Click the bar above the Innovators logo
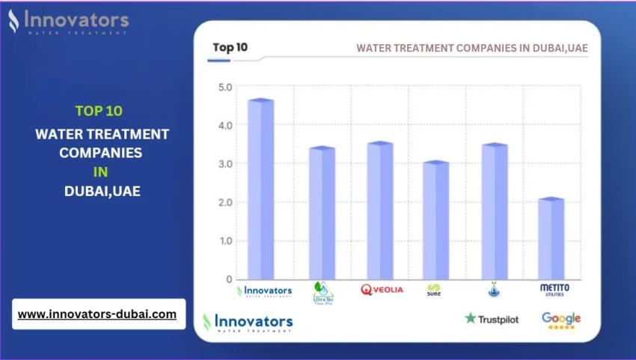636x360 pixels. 260,190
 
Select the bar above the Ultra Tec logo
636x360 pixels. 322,214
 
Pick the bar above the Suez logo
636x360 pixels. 435,221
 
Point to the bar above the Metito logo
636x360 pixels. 551,240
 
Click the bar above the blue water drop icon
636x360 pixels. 494,212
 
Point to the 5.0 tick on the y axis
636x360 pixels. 225,87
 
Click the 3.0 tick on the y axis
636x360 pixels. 225,164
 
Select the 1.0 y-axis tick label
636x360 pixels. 225,241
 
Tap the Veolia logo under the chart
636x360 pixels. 382,290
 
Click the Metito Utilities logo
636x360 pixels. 554,290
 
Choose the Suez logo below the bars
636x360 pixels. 434,290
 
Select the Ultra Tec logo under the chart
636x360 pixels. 322,292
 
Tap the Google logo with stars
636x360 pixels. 561,320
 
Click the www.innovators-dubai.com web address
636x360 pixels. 97,314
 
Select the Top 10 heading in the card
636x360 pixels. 230,47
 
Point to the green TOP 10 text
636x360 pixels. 99,111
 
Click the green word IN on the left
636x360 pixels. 101,171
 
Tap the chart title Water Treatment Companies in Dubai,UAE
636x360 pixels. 471,48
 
